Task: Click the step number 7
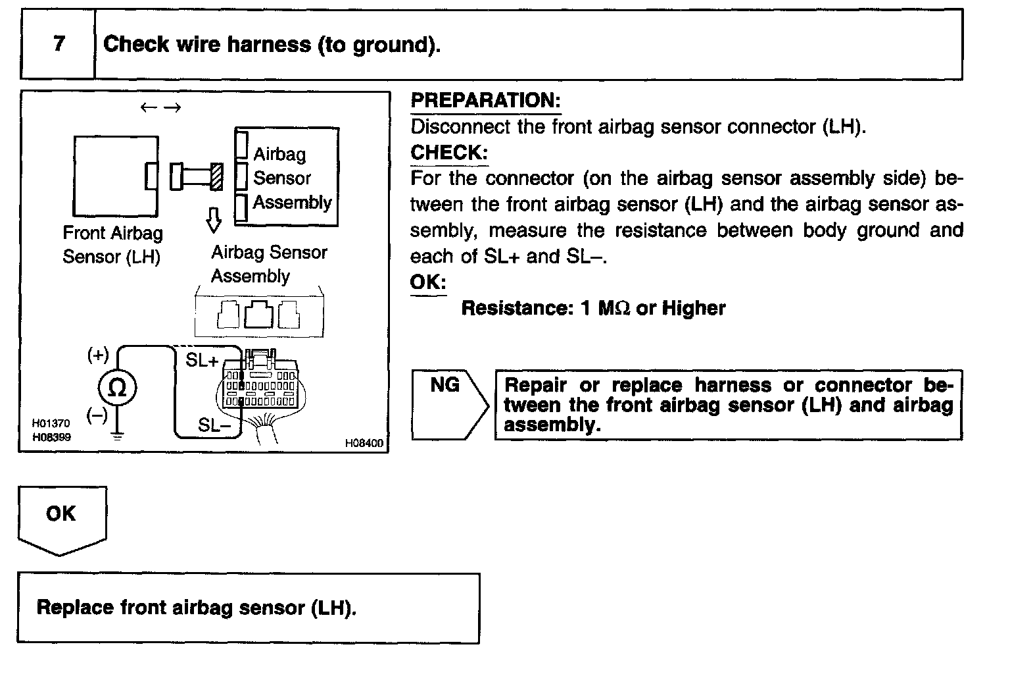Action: pos(59,44)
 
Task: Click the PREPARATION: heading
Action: pos(485,101)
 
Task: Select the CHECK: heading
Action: pos(449,153)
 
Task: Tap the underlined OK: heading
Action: pos(428,283)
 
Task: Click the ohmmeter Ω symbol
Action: pos(117,388)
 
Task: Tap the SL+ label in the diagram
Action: pos(202,361)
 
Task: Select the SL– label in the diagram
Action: pos(214,425)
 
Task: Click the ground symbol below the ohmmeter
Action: pos(117,435)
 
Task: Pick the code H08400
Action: pos(364,444)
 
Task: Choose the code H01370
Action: pos(51,424)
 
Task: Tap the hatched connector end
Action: pos(216,177)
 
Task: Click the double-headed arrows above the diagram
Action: pos(160,108)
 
